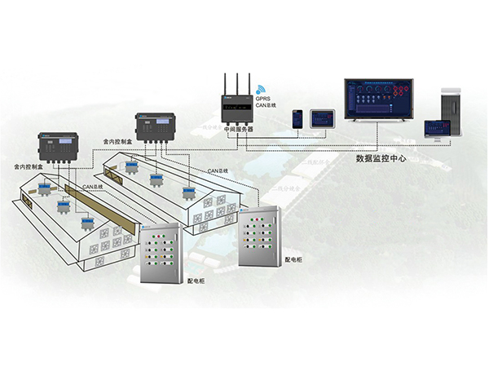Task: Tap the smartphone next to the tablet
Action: coord(298,118)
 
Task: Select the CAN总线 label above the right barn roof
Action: coord(216,170)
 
